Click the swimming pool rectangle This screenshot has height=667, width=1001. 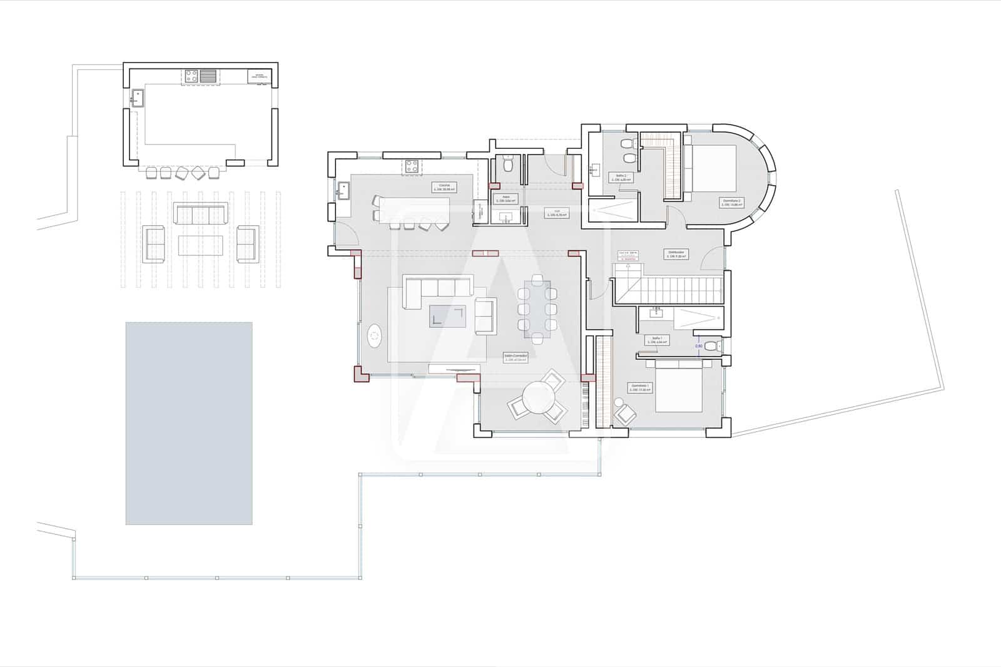[x=189, y=423]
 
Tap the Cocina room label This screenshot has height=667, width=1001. [x=444, y=186]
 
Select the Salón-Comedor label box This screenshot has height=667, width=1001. [x=516, y=357]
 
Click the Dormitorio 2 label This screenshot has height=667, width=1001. [x=730, y=202]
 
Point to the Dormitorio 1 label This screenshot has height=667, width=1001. [x=641, y=387]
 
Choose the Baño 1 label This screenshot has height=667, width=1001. [x=657, y=340]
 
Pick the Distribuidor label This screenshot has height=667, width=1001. [x=676, y=254]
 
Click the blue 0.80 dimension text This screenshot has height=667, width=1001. [x=699, y=345]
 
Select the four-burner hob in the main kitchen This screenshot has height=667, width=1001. [x=412, y=166]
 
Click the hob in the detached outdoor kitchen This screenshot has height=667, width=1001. [x=191, y=76]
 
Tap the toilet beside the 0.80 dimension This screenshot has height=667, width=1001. [x=711, y=346]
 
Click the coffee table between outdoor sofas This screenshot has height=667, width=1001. [x=201, y=245]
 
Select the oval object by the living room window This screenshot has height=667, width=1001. [x=374, y=337]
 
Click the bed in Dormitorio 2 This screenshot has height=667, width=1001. [x=713, y=168]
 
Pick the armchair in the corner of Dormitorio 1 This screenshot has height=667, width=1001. [x=624, y=414]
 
